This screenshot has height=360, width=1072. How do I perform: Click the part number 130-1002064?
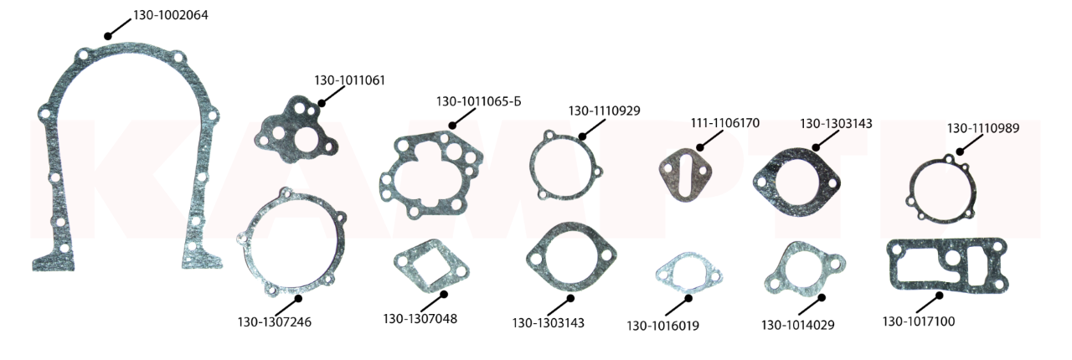coord(170,15)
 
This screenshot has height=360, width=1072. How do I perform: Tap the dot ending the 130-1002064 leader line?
coord(108,36)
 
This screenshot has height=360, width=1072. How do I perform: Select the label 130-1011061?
coord(349,80)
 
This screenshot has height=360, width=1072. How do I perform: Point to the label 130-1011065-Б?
coord(478,102)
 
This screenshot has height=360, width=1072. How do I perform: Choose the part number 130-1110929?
coord(604,111)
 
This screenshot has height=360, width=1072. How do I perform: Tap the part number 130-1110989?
coord(983,128)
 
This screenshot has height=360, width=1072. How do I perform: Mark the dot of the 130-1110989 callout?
coord(960,152)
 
